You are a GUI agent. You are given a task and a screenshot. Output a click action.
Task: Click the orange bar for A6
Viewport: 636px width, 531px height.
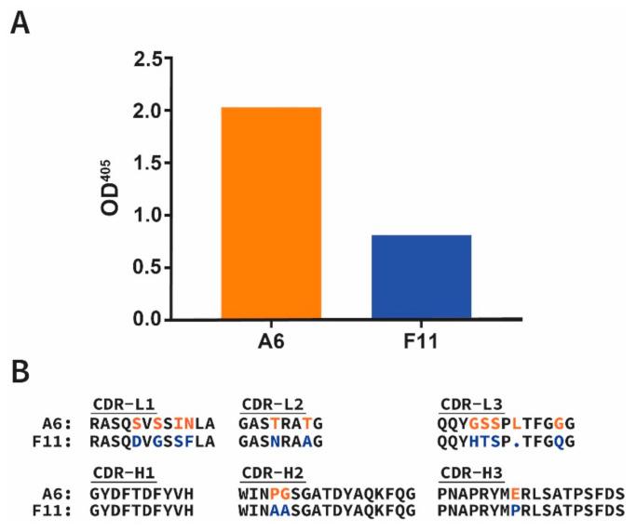(271, 214)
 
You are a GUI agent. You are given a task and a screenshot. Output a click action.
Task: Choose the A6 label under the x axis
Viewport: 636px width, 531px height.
(271, 342)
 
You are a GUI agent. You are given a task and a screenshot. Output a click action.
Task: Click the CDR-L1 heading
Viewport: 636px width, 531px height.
(125, 404)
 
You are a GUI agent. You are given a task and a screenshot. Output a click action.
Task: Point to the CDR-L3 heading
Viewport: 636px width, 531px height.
(471, 404)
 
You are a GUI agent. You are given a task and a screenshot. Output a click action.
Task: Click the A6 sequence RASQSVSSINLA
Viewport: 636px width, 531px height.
(151, 421)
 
